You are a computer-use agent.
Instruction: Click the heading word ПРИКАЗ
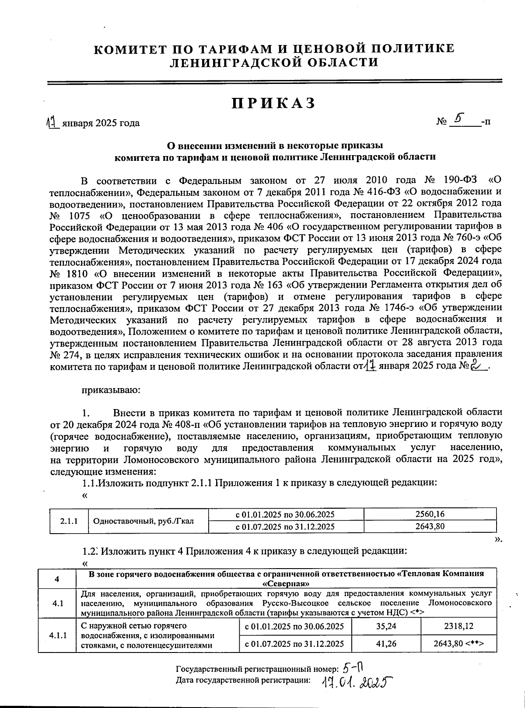(x=273, y=103)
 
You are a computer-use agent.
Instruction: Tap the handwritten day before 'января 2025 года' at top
(x=53, y=123)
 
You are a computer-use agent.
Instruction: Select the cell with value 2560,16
(x=430, y=514)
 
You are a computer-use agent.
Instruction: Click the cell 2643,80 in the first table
(x=430, y=527)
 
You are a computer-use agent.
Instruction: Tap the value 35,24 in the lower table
(x=386, y=626)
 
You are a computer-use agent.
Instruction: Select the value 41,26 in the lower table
(x=386, y=643)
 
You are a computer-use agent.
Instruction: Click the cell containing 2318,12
(x=459, y=626)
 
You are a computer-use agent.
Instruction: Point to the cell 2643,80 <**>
(x=459, y=643)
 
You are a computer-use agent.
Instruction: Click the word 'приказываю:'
(x=111, y=390)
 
